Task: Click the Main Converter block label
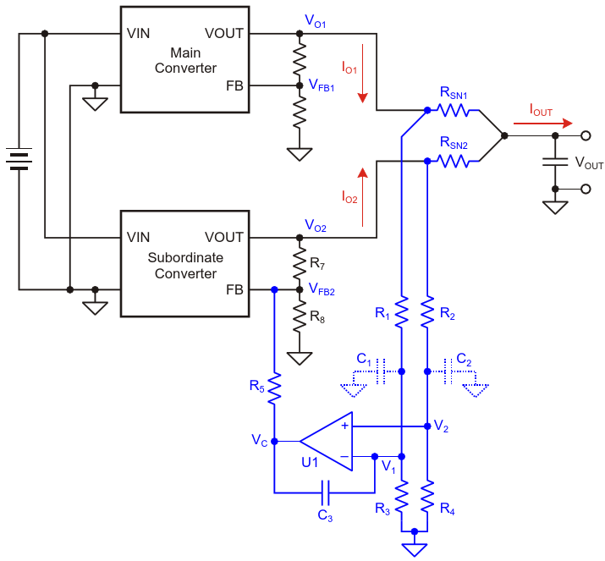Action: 185,60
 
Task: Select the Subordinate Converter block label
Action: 185,266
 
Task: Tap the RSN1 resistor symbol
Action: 454,111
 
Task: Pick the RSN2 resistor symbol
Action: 454,162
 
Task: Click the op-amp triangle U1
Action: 327,442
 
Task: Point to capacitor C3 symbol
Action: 325,492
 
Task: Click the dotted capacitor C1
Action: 381,371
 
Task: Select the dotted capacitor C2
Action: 448,371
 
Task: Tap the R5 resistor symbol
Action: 274,388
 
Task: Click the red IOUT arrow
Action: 542,124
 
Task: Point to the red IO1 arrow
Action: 362,74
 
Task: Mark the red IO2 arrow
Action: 362,197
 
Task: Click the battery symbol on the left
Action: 19,158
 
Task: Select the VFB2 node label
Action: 322,289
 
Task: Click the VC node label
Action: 259,440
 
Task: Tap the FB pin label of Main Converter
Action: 234,85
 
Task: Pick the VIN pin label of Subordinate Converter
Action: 138,237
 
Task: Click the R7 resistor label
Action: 317,263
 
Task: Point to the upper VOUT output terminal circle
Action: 586,136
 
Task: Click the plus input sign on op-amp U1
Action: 345,426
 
